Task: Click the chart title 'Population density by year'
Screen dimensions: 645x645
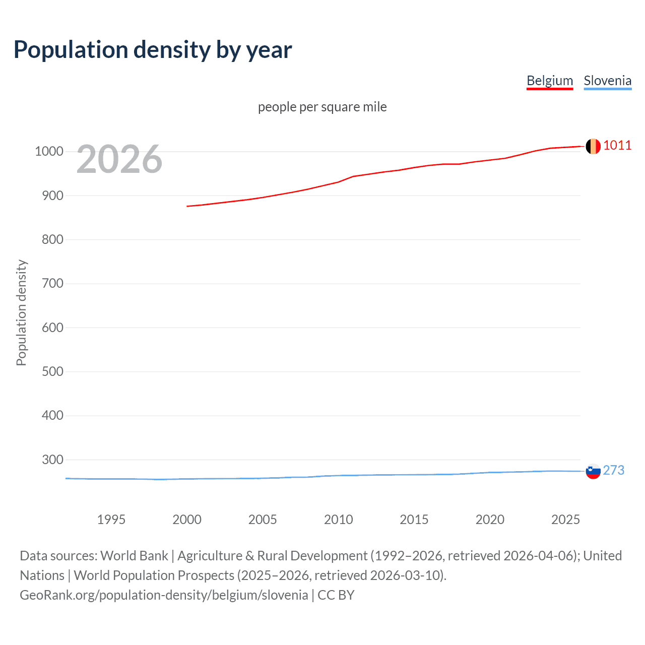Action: [153, 50]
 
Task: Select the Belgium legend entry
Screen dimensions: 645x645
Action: [550, 81]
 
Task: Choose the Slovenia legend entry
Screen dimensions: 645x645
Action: [607, 81]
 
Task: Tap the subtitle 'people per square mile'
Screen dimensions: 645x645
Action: [322, 107]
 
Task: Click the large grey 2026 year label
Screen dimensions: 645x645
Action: [119, 159]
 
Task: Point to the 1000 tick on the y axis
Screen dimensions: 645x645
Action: [49, 151]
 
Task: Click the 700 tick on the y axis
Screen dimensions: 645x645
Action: [52, 283]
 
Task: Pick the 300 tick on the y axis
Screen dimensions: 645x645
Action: [52, 460]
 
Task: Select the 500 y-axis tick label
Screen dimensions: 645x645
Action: [52, 371]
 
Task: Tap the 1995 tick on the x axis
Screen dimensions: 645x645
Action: [111, 519]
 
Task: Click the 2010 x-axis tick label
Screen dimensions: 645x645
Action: [338, 519]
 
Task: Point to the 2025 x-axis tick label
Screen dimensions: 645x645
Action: [565, 519]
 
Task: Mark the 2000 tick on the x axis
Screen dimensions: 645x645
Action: [187, 519]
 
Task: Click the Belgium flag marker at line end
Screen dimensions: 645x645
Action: [593, 146]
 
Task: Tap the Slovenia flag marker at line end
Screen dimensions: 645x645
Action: [593, 471]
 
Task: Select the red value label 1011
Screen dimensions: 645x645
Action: [617, 146]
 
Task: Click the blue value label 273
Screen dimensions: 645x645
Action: [613, 470]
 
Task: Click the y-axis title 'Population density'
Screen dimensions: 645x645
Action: [21, 312]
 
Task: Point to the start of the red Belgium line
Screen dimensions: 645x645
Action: [187, 206]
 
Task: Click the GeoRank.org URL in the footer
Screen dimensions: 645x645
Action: [164, 595]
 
